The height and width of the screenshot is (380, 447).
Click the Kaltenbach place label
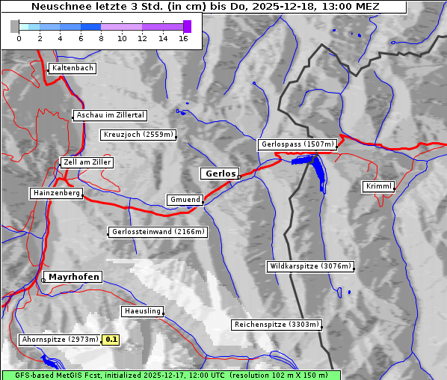(73, 68)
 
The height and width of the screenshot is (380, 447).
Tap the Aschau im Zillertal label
(111, 115)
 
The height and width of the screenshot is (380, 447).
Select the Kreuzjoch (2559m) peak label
(138, 135)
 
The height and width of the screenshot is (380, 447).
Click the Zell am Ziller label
(87, 162)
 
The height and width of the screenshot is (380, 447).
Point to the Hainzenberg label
(56, 193)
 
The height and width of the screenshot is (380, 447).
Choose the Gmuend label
(185, 200)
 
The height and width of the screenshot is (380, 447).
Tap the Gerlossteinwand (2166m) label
(157, 232)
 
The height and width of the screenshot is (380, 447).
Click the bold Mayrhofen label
(73, 277)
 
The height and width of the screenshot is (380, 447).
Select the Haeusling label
(142, 311)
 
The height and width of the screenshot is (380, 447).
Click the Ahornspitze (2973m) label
(60, 340)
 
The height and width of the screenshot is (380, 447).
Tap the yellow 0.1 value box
(111, 340)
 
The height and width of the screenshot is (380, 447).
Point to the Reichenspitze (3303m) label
(277, 325)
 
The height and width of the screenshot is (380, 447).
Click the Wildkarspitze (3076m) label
(310, 266)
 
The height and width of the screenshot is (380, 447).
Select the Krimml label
(379, 186)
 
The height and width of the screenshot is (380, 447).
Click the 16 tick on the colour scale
(183, 38)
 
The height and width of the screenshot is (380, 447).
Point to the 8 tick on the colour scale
(101, 38)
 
